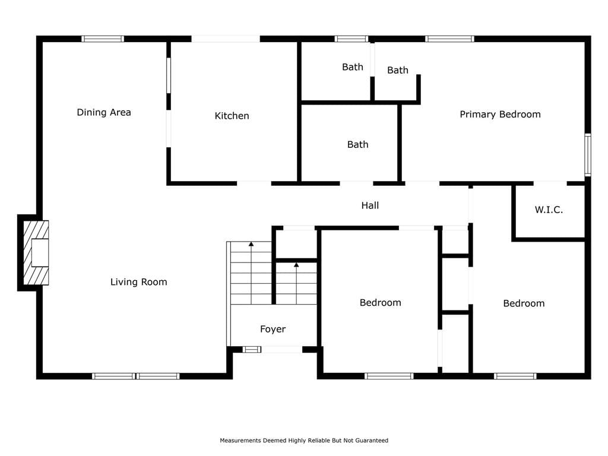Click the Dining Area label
pyautogui.click(x=104, y=112)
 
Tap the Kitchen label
pyautogui.click(x=232, y=116)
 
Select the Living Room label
pyautogui.click(x=139, y=282)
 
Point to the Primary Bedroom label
pyautogui.click(x=500, y=115)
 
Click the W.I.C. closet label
pyautogui.click(x=549, y=210)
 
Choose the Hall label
pyautogui.click(x=370, y=205)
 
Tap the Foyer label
pyautogui.click(x=273, y=329)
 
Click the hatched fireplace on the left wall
pyautogui.click(x=36, y=253)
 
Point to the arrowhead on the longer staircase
pyautogui.click(x=251, y=244)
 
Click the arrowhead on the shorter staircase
pyautogui.click(x=296, y=265)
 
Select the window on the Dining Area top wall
pyautogui.click(x=103, y=39)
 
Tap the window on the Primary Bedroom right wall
pyautogui.click(x=588, y=155)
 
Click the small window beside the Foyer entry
pyautogui.click(x=252, y=350)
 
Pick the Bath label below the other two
pyautogui.click(x=357, y=145)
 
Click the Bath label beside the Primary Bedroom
pyautogui.click(x=397, y=70)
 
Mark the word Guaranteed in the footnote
pyautogui.click(x=372, y=441)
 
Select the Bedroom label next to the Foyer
pyautogui.click(x=381, y=303)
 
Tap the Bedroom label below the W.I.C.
pyautogui.click(x=524, y=303)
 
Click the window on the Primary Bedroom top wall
pyautogui.click(x=450, y=39)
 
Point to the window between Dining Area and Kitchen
pyautogui.click(x=169, y=75)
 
